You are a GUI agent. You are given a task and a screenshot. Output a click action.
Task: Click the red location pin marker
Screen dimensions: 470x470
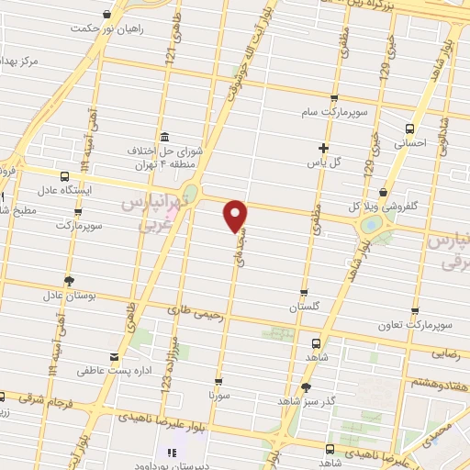point(237,215)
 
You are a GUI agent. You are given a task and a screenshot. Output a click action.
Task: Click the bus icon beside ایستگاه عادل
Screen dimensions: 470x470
point(64,176)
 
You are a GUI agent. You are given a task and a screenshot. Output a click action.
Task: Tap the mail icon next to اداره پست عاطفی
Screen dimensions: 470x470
point(113,357)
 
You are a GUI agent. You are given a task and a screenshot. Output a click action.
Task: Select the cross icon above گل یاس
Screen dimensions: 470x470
point(322,148)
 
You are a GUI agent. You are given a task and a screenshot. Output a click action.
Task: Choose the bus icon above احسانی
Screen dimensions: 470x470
point(409,129)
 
